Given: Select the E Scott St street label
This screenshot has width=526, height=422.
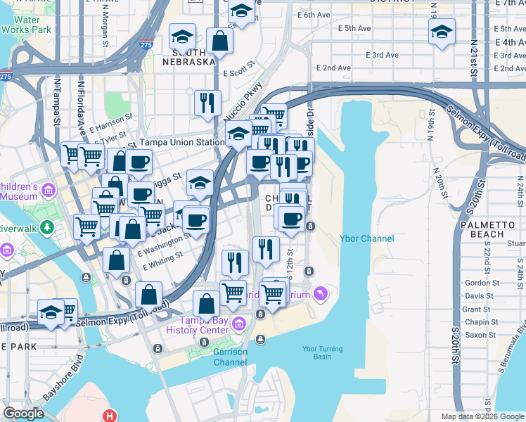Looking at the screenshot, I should [x=238, y=73].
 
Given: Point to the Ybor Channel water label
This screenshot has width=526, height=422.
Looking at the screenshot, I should [x=367, y=238].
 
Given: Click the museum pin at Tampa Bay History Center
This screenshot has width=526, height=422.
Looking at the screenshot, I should [x=238, y=323].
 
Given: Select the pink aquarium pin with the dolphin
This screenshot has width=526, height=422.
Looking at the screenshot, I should [x=321, y=293].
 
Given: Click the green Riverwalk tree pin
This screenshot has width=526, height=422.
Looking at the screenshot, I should [x=47, y=227].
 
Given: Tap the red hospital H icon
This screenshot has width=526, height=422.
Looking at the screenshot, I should [x=109, y=416].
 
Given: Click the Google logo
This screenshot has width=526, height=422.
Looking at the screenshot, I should [x=23, y=414].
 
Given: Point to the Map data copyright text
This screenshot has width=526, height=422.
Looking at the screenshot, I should [x=482, y=416].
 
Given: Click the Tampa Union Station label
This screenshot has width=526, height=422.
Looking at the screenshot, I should [x=181, y=142].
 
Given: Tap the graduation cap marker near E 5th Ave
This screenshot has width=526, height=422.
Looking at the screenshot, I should [x=442, y=32].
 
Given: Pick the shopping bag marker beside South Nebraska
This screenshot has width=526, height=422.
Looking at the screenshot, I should [x=219, y=41].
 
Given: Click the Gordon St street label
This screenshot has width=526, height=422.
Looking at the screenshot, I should [x=482, y=283].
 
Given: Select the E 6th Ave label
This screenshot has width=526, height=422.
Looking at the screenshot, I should [x=314, y=14].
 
